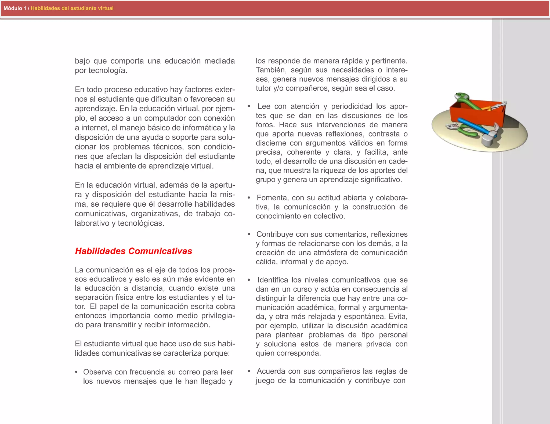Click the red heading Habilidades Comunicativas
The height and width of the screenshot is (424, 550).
click(133, 251)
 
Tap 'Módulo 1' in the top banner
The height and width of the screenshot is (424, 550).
click(15, 8)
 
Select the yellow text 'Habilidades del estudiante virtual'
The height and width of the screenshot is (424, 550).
click(72, 8)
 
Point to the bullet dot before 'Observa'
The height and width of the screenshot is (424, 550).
click(77, 372)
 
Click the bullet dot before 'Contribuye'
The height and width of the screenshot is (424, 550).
click(249, 235)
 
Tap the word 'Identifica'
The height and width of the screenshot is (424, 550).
click(273, 280)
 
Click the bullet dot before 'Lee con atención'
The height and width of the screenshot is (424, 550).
click(249, 107)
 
